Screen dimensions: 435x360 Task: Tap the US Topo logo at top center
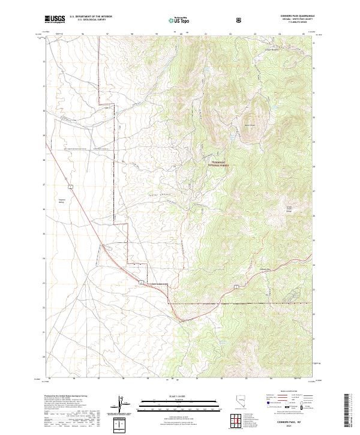178,20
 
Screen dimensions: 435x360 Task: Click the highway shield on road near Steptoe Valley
70,188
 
